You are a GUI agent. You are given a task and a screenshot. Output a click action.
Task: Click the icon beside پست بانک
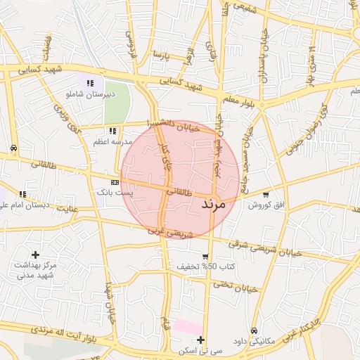pyautogui.click(x=115, y=182)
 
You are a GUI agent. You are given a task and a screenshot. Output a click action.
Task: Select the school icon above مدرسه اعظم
pyautogui.click(x=112, y=131)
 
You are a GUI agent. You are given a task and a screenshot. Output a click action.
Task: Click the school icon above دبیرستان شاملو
pyautogui.click(x=89, y=83)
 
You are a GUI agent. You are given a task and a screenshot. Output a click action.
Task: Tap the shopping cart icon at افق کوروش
pyautogui.click(x=265, y=195)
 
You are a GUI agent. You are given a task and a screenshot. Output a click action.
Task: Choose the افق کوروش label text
pyautogui.click(x=264, y=205)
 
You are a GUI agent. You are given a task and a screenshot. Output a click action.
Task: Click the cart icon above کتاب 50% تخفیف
pyautogui.click(x=205, y=257)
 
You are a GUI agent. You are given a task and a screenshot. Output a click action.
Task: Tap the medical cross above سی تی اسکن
pyautogui.click(x=201, y=340)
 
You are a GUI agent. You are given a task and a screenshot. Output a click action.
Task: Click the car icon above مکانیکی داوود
pyautogui.click(x=253, y=330)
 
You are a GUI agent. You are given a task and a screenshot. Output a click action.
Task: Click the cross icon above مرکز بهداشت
pyautogui.click(x=35, y=255)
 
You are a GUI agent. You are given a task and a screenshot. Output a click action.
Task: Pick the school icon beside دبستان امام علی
pyautogui.click(x=23, y=194)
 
